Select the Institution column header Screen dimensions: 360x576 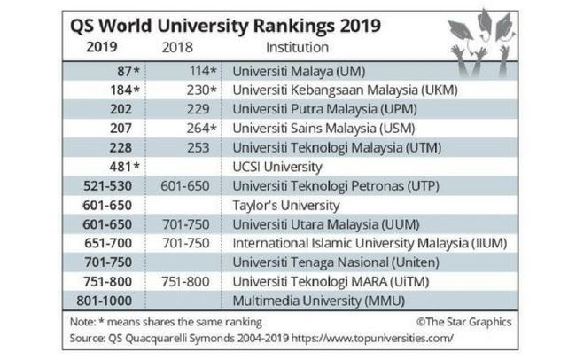pos(297,47)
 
